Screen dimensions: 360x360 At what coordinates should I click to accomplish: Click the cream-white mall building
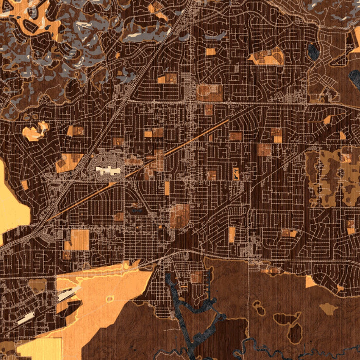click(x=108, y=170)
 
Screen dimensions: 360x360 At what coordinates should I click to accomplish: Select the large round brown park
click(x=179, y=215)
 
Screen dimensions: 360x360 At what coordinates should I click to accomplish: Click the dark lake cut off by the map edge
click(x=354, y=78)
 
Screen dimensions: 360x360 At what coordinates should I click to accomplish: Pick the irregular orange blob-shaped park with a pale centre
click(x=35, y=132)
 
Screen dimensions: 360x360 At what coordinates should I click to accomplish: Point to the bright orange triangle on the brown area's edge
click(x=310, y=282)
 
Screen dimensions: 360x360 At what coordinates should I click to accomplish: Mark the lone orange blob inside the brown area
click(x=329, y=309)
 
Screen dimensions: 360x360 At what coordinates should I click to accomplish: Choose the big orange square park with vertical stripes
click(x=79, y=240)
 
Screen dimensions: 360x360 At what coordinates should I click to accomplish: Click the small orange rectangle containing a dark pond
click(x=236, y=173)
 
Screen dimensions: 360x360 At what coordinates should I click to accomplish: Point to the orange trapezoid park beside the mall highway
click(x=68, y=163)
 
